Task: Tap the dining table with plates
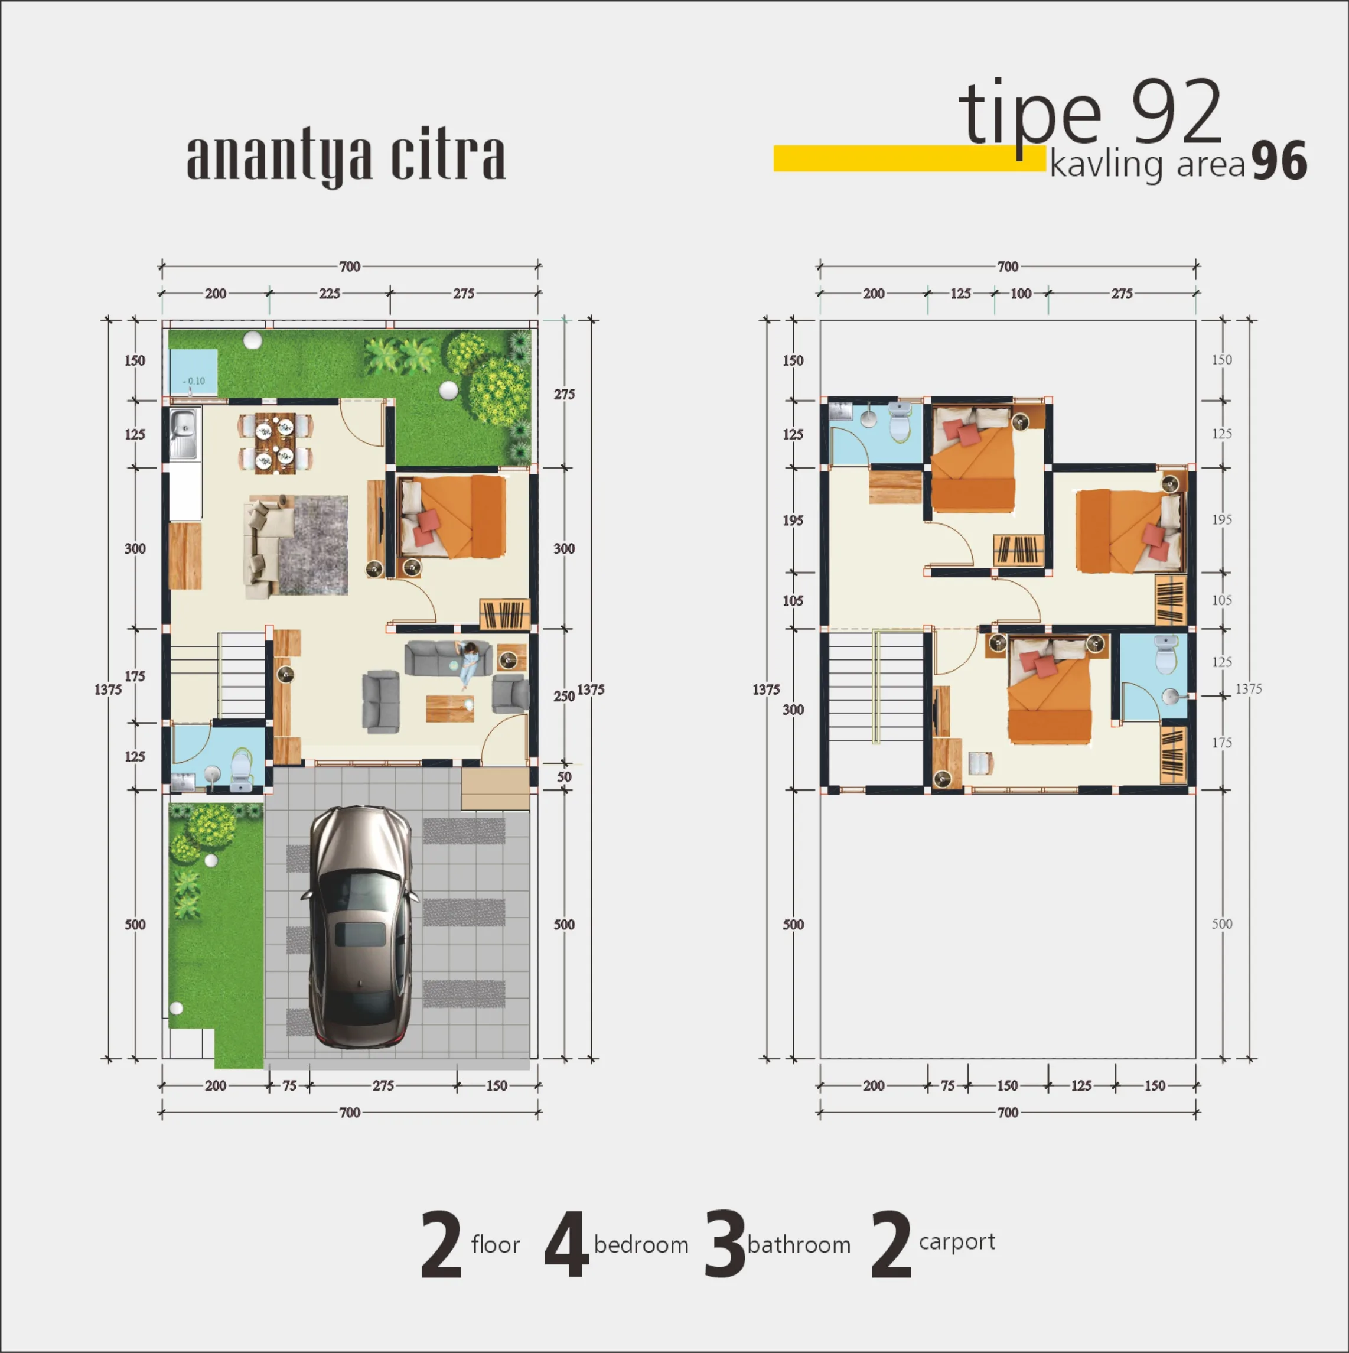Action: (x=275, y=443)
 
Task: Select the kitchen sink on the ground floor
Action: (x=185, y=434)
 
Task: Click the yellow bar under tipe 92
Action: (x=908, y=158)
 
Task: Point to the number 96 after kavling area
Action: (x=1279, y=161)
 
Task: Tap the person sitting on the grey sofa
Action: (x=468, y=665)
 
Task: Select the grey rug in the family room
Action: (x=313, y=545)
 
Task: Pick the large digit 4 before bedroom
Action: (x=567, y=1244)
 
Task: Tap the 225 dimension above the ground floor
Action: (x=330, y=294)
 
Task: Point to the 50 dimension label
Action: (x=564, y=776)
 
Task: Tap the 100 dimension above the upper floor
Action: (x=1021, y=294)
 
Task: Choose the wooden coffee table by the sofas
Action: (x=449, y=708)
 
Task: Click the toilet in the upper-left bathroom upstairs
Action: (x=898, y=422)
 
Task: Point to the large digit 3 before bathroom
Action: (x=725, y=1244)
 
